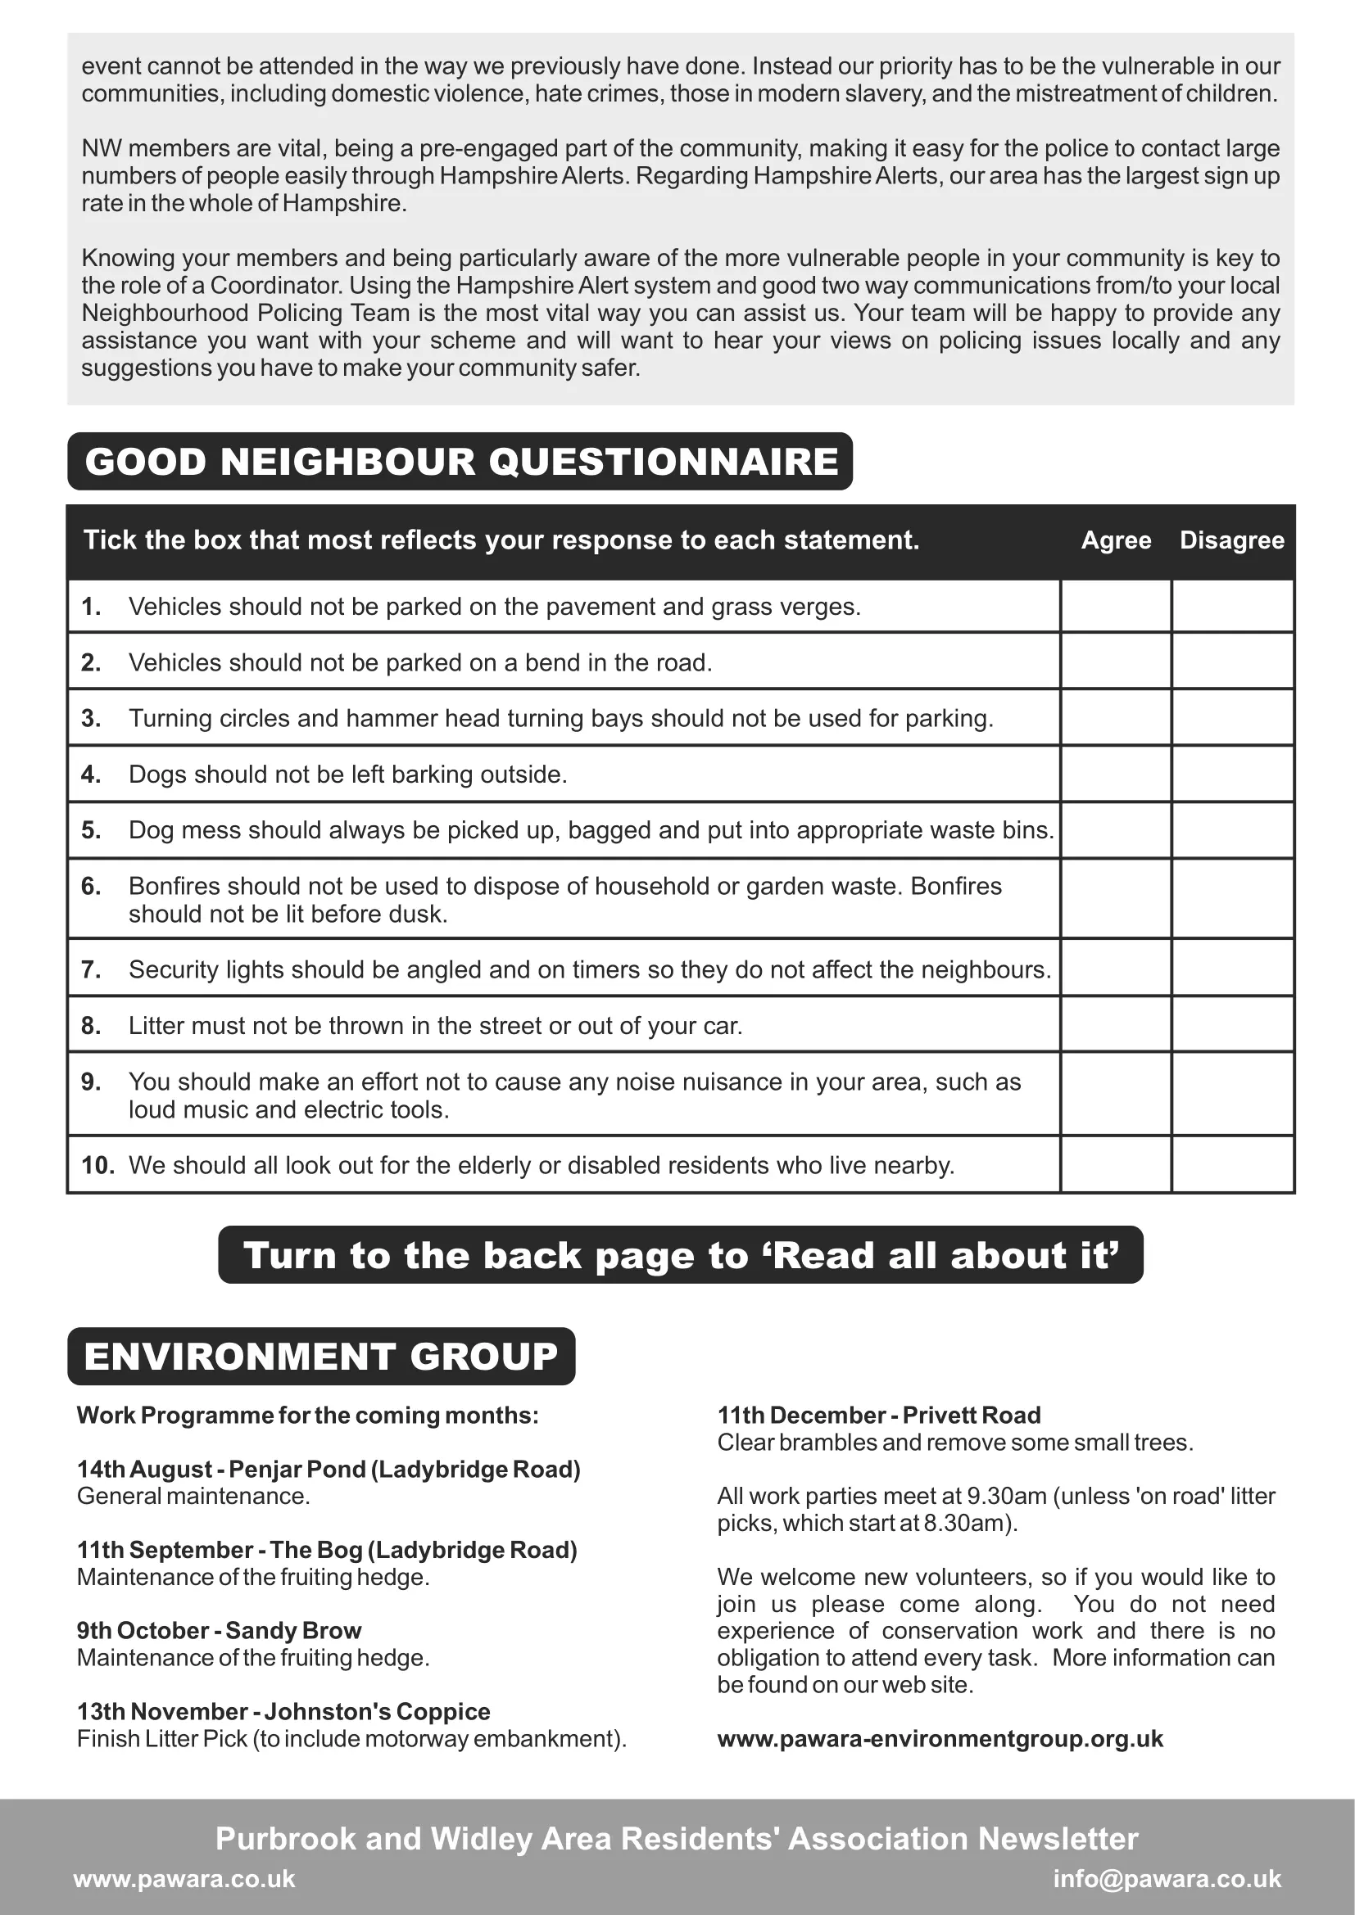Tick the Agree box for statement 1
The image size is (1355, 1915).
click(x=1116, y=607)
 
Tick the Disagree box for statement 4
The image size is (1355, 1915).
click(x=1232, y=774)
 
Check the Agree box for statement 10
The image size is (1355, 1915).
click(x=1116, y=1164)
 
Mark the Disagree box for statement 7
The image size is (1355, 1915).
click(x=1232, y=969)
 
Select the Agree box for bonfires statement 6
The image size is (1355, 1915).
click(x=1116, y=899)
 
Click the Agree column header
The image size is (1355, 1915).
click(x=1116, y=540)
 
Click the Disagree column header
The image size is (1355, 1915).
click(x=1231, y=540)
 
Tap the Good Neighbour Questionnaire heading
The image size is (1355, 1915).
click(x=460, y=461)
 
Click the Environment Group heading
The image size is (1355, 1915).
click(x=321, y=1356)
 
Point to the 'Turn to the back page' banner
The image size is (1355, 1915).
click(x=680, y=1255)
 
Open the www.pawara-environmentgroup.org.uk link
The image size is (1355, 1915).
click(x=940, y=1738)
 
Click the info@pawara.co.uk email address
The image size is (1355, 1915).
click(x=1167, y=1878)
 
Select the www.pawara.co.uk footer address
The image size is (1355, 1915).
click(x=184, y=1878)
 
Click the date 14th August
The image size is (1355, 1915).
click(x=144, y=1469)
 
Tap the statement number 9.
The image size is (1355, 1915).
click(x=91, y=1082)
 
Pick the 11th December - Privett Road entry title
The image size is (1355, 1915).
click(x=878, y=1416)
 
